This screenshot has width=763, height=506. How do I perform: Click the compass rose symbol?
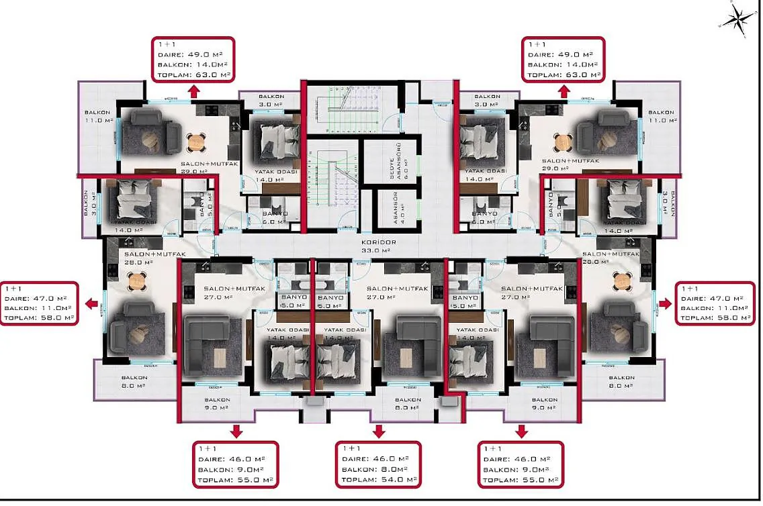coord(737,17)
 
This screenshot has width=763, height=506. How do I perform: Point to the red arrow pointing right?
coord(665,304)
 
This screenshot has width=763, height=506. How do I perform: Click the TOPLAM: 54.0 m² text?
coord(378,480)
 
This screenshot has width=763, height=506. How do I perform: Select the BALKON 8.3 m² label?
coord(408,403)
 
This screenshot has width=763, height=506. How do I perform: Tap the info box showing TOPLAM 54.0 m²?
coord(378,464)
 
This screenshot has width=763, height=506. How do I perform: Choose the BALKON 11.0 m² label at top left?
coord(97,117)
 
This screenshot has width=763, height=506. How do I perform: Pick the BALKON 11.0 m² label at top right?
coord(661,117)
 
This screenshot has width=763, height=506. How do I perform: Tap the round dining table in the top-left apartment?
coord(195,142)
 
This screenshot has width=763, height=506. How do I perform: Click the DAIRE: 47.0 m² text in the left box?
coord(38,298)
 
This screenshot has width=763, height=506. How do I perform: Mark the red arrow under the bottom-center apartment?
coord(378,431)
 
